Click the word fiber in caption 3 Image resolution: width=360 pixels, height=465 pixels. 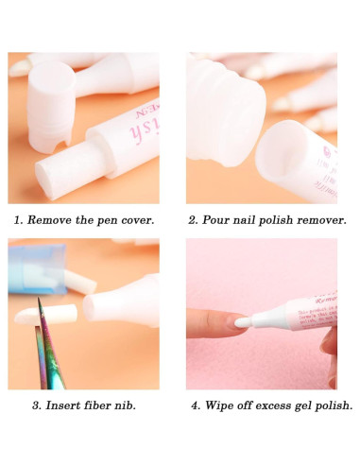[94, 405]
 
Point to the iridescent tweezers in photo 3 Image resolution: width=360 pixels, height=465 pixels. [44, 354]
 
